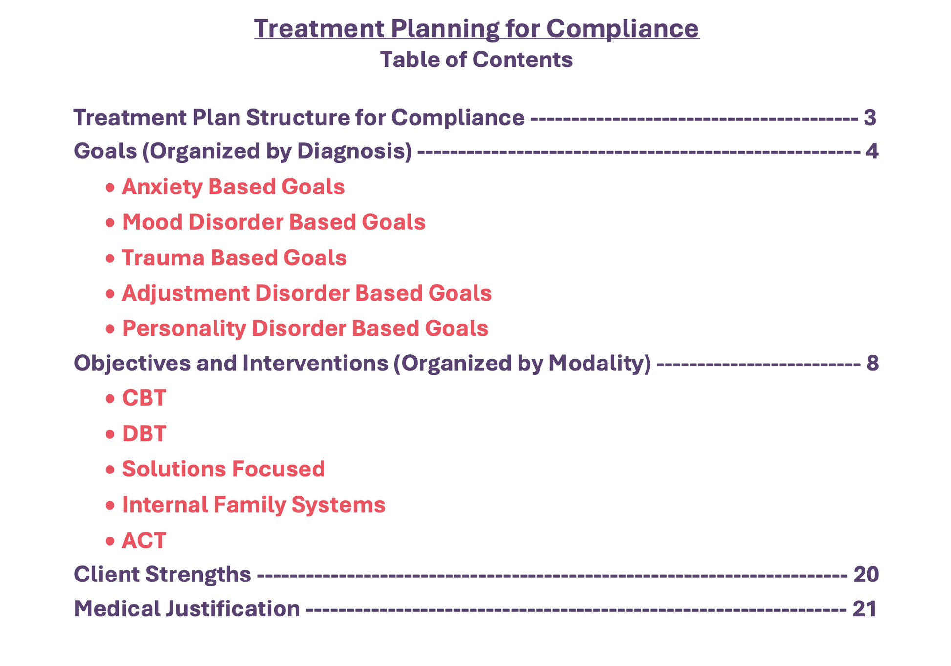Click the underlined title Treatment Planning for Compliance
point(476,28)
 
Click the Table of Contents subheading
point(476,60)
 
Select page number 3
point(870,118)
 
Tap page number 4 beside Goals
point(872,151)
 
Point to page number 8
point(872,363)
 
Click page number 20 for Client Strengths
point(866,575)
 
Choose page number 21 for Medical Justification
point(865,609)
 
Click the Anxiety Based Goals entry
point(233,187)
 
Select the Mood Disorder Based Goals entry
point(274,222)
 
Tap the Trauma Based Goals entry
point(234,258)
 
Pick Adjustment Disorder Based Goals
point(306,293)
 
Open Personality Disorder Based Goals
point(305,328)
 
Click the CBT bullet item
point(144,398)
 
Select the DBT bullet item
point(144,434)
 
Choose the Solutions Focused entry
point(223,469)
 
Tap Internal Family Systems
point(254,505)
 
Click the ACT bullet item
point(144,540)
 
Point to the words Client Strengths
point(162,575)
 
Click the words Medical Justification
point(187,609)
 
